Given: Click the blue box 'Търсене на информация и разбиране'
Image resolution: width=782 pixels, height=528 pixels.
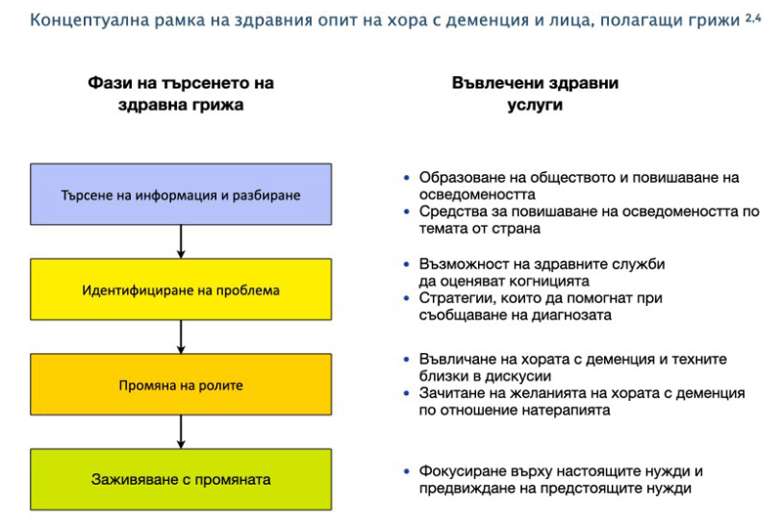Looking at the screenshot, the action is pyautogui.click(x=181, y=195).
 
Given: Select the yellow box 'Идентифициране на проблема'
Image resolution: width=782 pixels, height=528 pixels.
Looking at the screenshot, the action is pyautogui.click(x=181, y=289).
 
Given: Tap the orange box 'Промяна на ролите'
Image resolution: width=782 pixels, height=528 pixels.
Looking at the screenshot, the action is pyautogui.click(x=181, y=384).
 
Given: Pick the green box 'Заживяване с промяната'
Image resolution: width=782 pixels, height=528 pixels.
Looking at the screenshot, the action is pyautogui.click(x=181, y=479).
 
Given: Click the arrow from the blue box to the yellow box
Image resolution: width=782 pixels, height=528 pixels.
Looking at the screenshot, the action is pyautogui.click(x=181, y=242).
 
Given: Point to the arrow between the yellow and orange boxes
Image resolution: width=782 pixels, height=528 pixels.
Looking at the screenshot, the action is pyautogui.click(x=181, y=337).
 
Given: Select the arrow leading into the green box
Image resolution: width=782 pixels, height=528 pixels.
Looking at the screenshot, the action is pyautogui.click(x=181, y=431).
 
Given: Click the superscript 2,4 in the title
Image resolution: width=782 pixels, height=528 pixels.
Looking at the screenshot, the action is pyautogui.click(x=753, y=18).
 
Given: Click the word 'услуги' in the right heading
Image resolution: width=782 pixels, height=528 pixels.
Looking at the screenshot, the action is pyautogui.click(x=535, y=106).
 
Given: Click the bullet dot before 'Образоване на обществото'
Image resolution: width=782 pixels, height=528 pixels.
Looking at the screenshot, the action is pyautogui.click(x=407, y=177).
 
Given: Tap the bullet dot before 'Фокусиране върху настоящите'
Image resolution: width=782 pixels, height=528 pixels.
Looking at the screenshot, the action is pyautogui.click(x=407, y=470).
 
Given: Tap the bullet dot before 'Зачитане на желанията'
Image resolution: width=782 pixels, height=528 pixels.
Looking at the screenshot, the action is pyautogui.click(x=407, y=393).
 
